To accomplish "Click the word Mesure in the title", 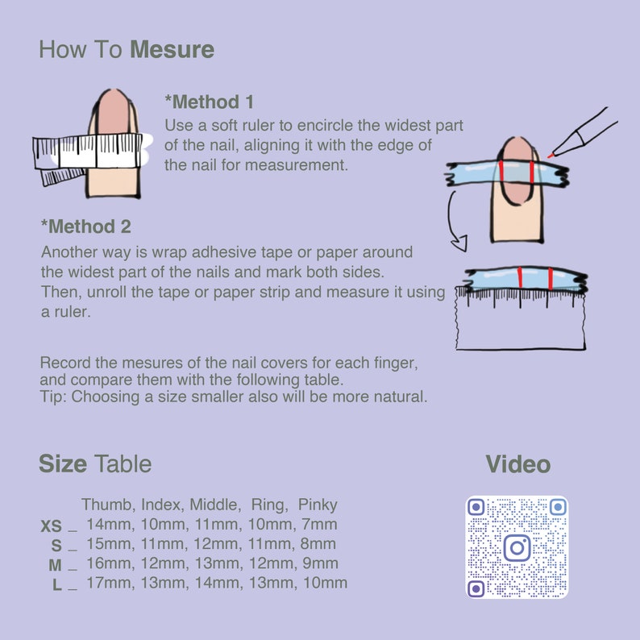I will pos(172,50).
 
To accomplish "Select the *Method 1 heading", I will pos(209,102).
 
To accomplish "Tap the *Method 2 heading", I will pos(85,226).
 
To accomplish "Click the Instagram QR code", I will pos(517,547).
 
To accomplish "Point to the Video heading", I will pos(517,464).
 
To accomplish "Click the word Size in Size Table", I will pos(63,464).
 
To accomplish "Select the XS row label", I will pos(51,526).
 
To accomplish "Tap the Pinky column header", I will pos(317,505).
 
